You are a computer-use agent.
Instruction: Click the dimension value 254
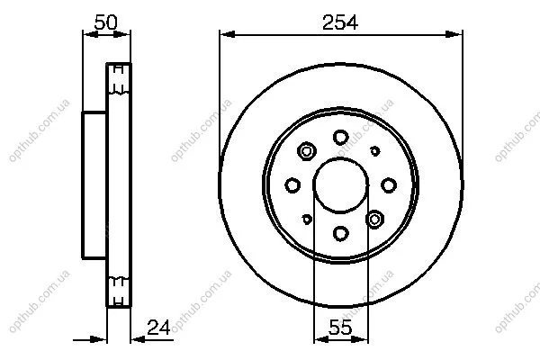tap(340, 22)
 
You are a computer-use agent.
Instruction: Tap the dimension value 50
tap(105, 22)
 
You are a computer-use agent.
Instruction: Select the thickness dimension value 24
tap(158, 328)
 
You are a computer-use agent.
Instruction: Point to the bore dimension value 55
tap(340, 328)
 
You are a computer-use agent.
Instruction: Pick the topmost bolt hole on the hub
tap(340, 138)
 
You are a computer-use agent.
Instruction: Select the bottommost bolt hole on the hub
tap(340, 234)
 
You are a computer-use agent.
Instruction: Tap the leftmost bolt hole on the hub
tap(292, 185)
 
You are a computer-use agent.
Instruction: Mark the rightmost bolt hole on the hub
tap(389, 185)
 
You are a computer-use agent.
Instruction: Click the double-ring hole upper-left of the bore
tap(307, 151)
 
